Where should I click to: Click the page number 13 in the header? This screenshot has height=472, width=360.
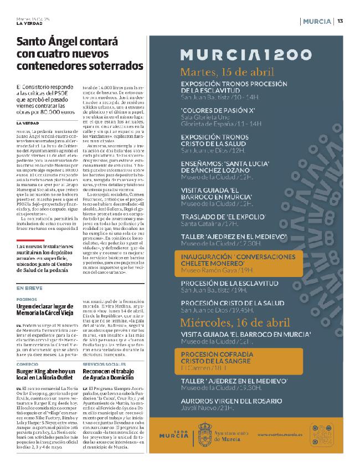[x=340, y=21]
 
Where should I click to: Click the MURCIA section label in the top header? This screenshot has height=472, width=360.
[x=318, y=21]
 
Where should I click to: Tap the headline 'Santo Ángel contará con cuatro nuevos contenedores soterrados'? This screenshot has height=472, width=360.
[x=80, y=54]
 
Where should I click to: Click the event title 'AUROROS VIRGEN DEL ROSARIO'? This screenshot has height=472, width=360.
[x=236, y=400]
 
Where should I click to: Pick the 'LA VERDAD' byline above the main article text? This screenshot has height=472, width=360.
[x=28, y=122]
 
